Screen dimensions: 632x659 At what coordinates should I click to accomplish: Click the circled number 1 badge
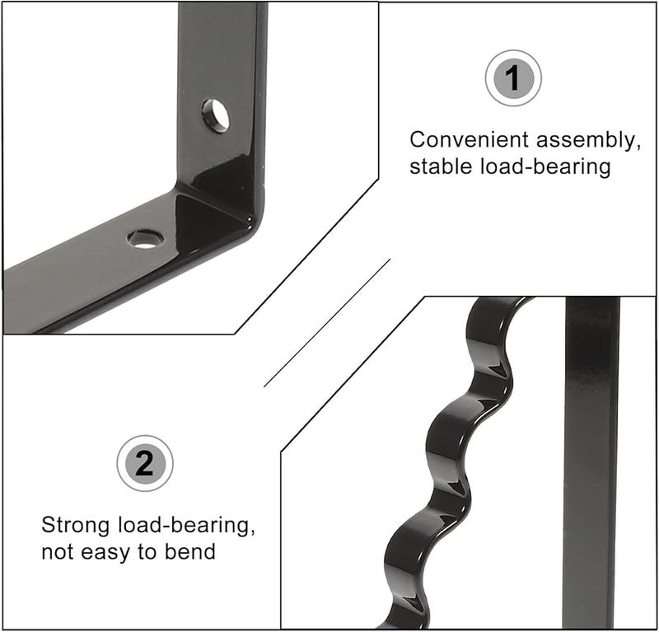(512, 78)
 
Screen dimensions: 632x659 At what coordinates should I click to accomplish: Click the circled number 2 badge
(144, 463)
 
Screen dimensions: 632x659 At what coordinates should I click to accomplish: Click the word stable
(440, 166)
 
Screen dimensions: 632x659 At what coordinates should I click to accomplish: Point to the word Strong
(77, 525)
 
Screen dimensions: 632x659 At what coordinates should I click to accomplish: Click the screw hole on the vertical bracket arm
(216, 115)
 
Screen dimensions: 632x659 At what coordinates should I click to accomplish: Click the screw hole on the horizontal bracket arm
(145, 239)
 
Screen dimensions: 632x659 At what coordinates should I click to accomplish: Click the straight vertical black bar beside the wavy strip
(591, 461)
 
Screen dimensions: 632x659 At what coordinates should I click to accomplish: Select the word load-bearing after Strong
(183, 525)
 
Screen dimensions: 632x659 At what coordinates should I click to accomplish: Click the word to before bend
(149, 551)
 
